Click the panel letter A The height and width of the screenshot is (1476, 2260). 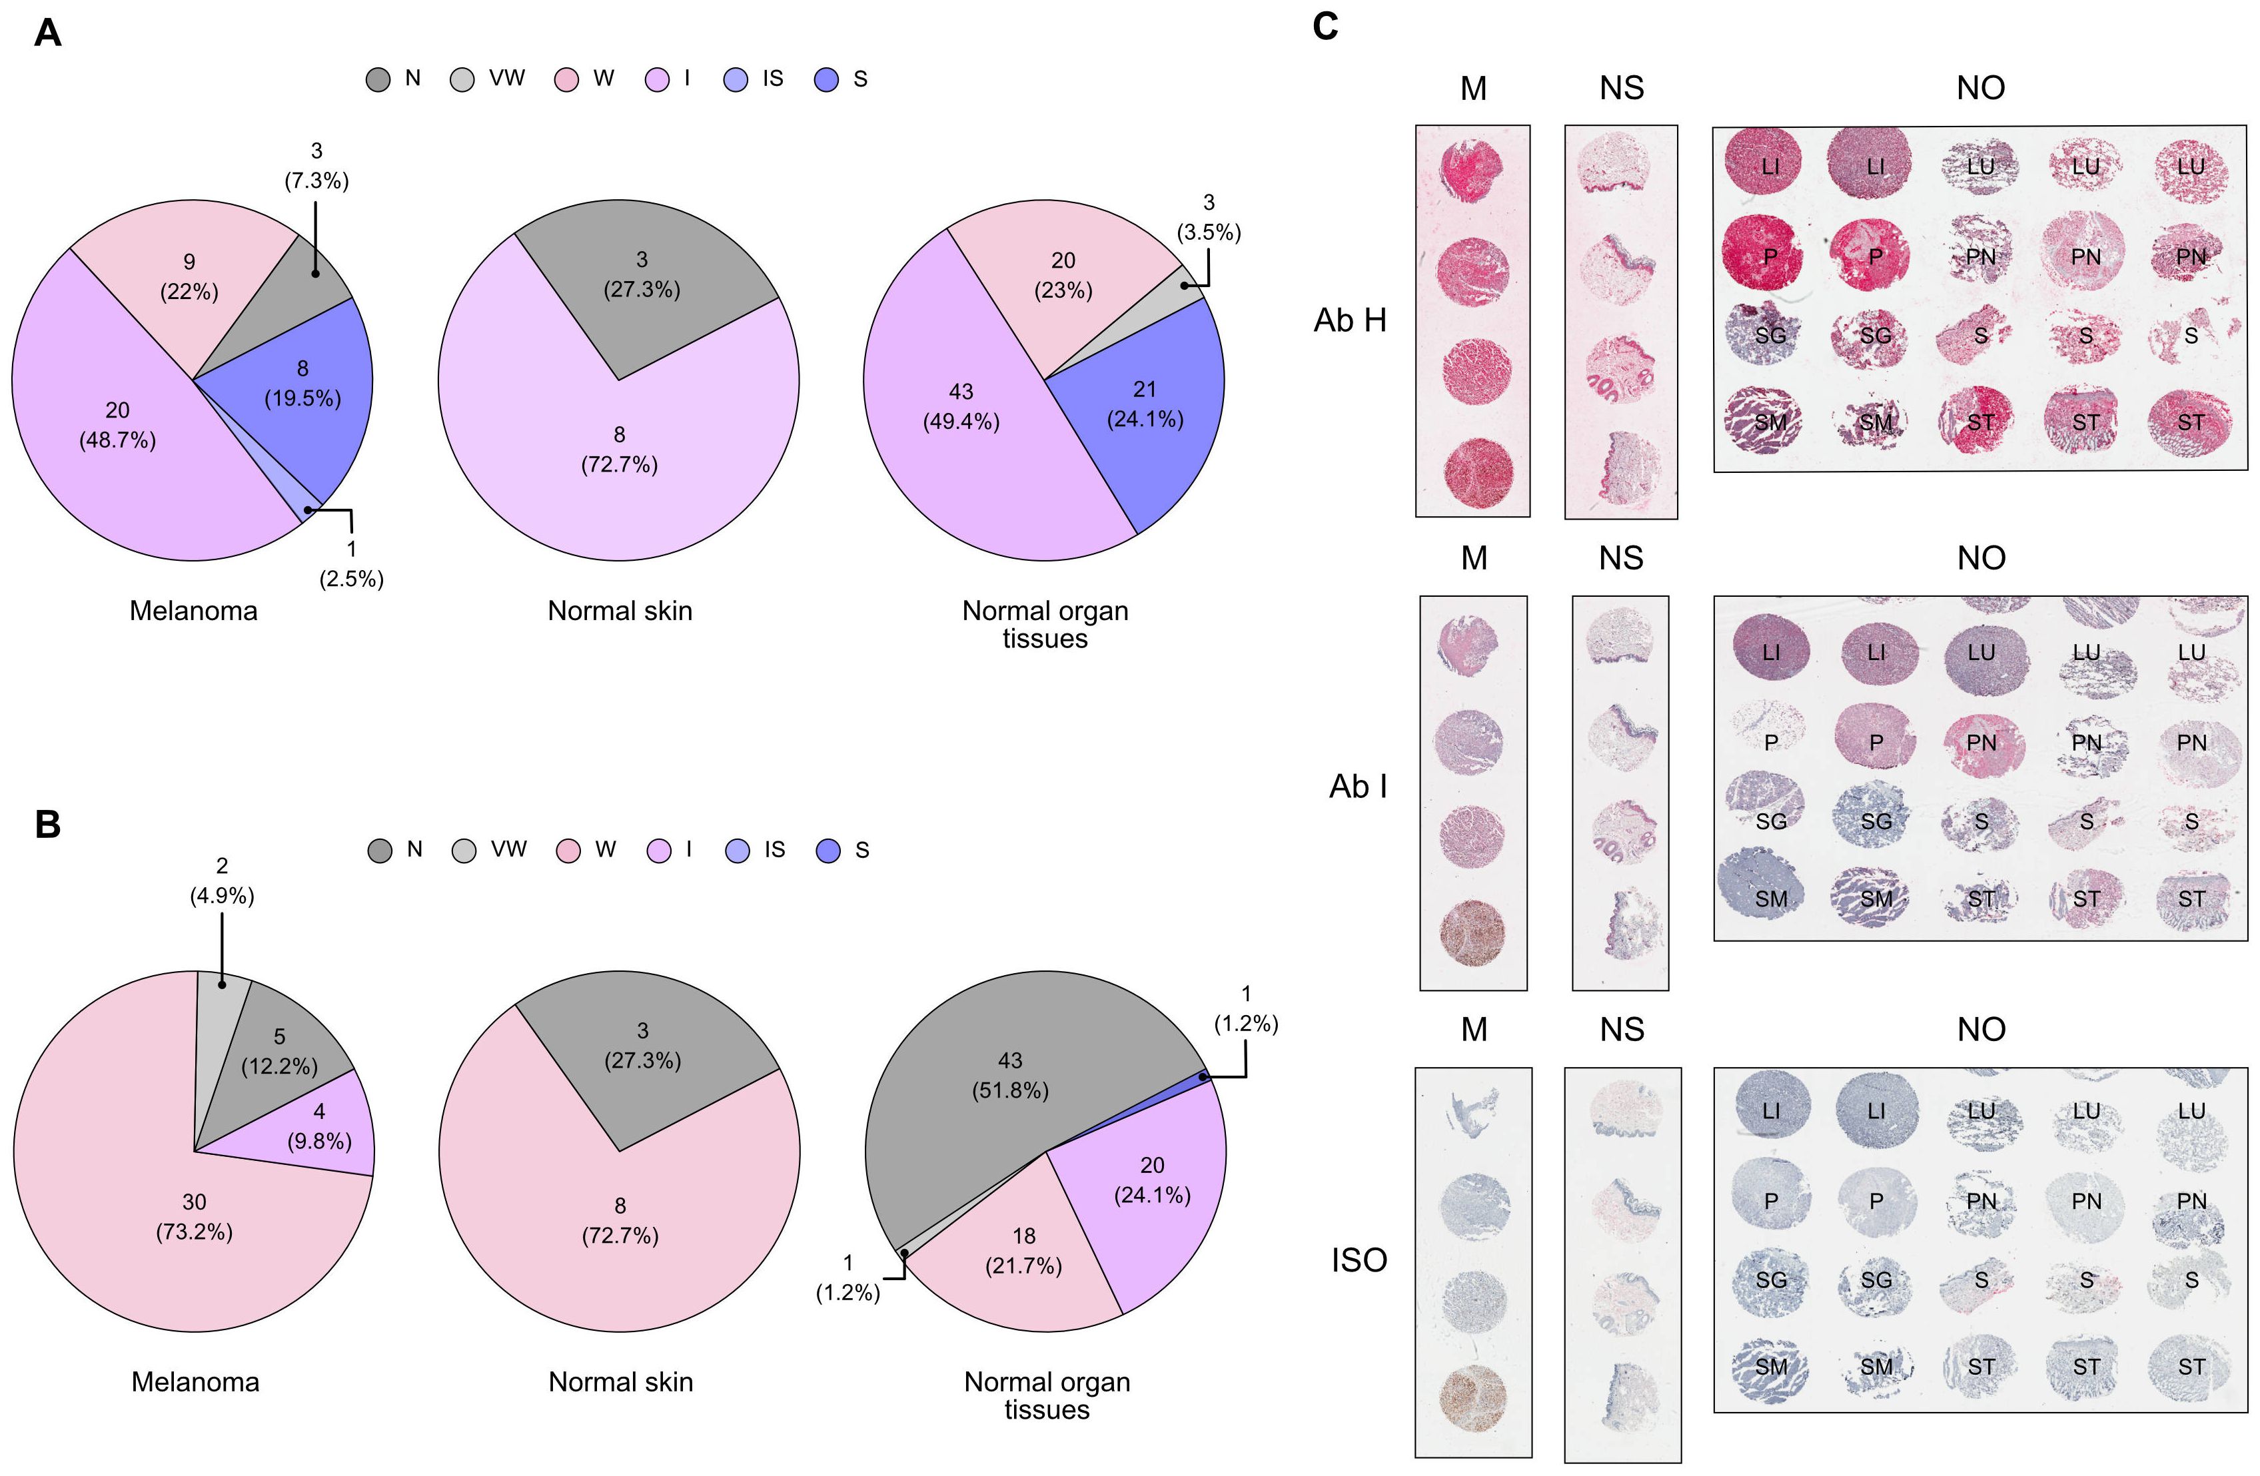(47, 34)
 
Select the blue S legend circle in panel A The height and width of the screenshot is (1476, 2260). (827, 80)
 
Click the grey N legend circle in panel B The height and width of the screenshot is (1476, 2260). (380, 851)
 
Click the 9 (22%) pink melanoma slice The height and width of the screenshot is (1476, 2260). (189, 276)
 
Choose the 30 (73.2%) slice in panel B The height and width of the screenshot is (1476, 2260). (194, 1217)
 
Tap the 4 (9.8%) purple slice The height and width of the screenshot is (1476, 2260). (319, 1126)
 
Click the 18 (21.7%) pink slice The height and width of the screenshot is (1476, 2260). (1023, 1250)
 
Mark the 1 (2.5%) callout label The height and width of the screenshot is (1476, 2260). (351, 563)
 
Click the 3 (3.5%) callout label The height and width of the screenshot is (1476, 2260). (1208, 217)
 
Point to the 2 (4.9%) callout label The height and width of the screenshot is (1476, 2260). (221, 881)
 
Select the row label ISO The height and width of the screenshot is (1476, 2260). (1359, 1261)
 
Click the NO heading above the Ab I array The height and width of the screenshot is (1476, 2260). (1981, 558)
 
